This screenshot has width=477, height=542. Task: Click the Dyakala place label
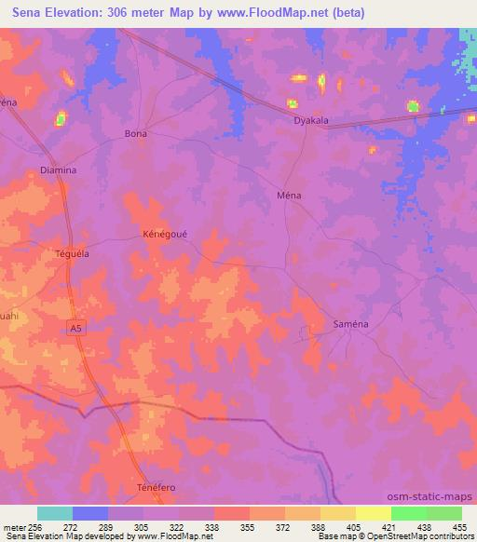pos(311,120)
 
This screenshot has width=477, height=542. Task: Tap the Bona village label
pos(136,134)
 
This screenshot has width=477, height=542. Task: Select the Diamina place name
pos(59,170)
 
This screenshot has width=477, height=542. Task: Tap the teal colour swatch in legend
pos(55,513)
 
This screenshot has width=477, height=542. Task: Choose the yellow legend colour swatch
pos(338,513)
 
